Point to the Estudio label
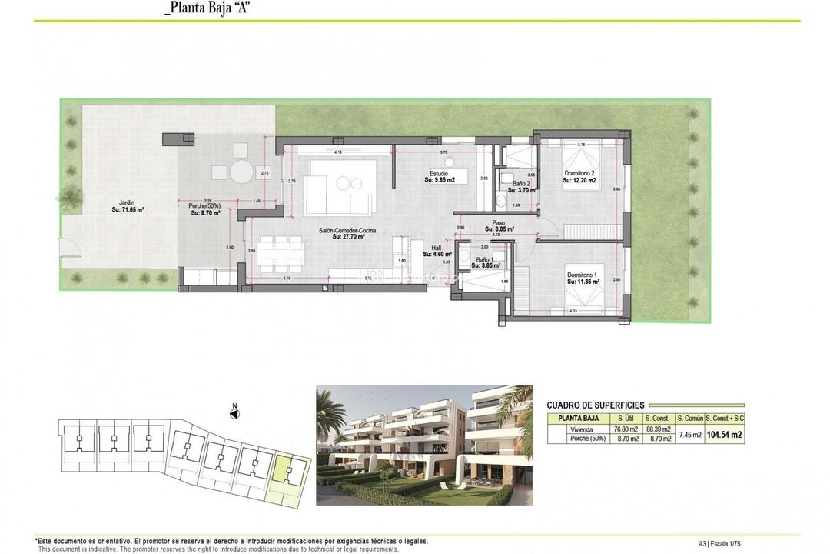pos(439,174)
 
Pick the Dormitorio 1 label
pos(582,275)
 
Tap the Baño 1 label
pos(485,260)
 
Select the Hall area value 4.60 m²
pos(437,254)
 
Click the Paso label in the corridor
pos(498,223)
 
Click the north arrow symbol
pos(235,414)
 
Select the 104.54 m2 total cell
pos(725,435)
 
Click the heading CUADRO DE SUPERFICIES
pos(596,405)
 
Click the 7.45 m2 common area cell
pos(689,435)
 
